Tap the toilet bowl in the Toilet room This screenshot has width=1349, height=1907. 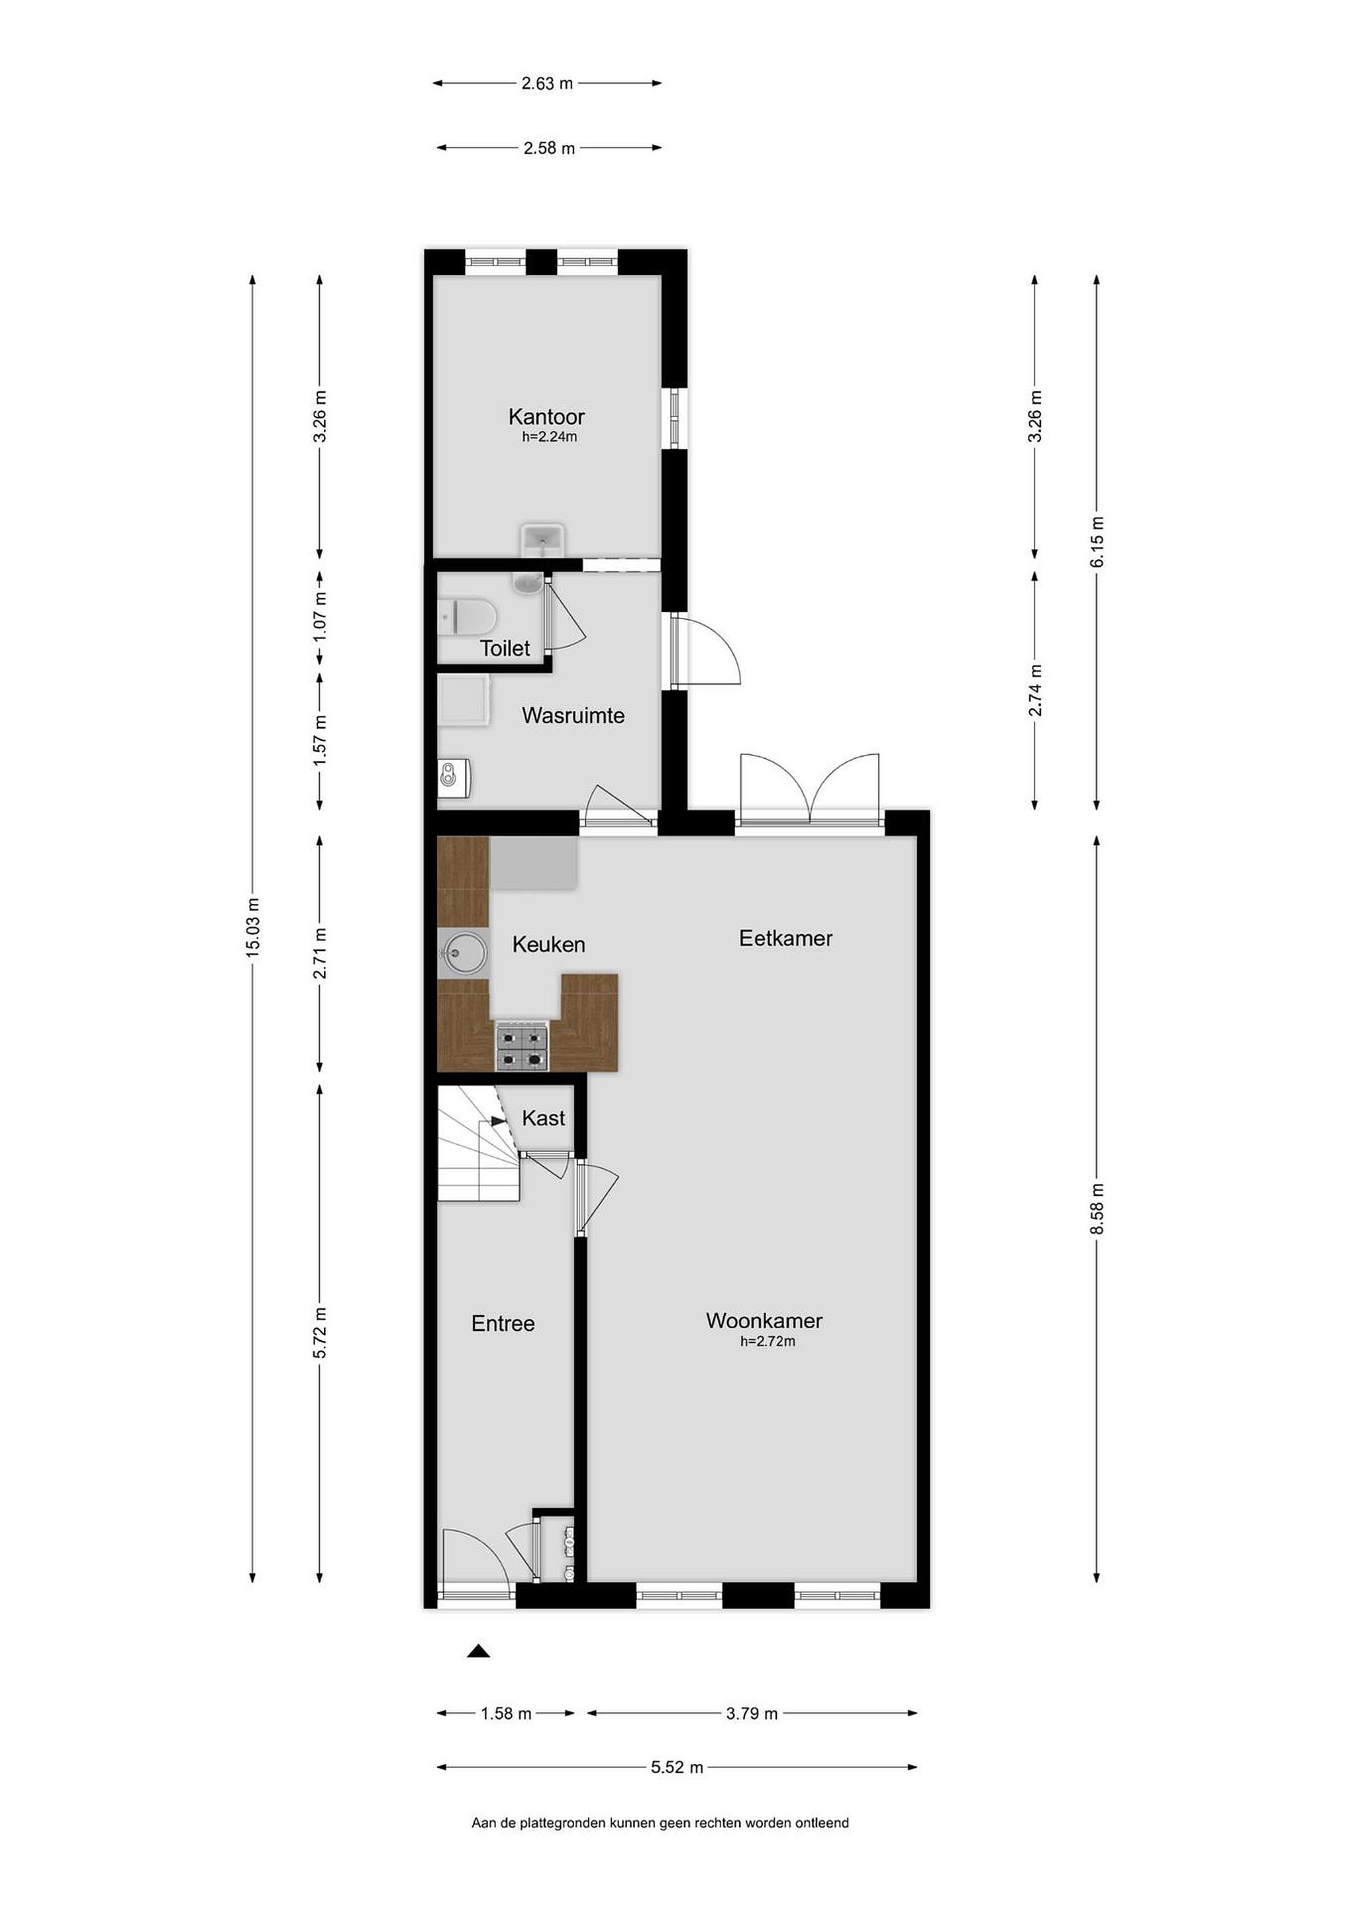tap(468, 617)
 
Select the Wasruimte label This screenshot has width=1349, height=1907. tap(572, 715)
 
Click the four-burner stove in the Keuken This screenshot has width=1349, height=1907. tap(523, 1046)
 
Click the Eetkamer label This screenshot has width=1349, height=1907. tap(785, 938)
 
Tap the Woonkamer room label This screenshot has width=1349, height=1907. tap(764, 1320)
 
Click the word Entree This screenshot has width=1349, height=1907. tap(503, 1323)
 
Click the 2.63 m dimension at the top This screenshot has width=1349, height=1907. tap(548, 83)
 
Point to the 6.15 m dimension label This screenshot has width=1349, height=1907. tap(1097, 542)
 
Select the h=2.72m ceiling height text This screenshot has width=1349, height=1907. tap(768, 1342)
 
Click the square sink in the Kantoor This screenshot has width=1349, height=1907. tap(543, 541)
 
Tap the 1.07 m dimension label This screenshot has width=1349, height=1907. tap(320, 615)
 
